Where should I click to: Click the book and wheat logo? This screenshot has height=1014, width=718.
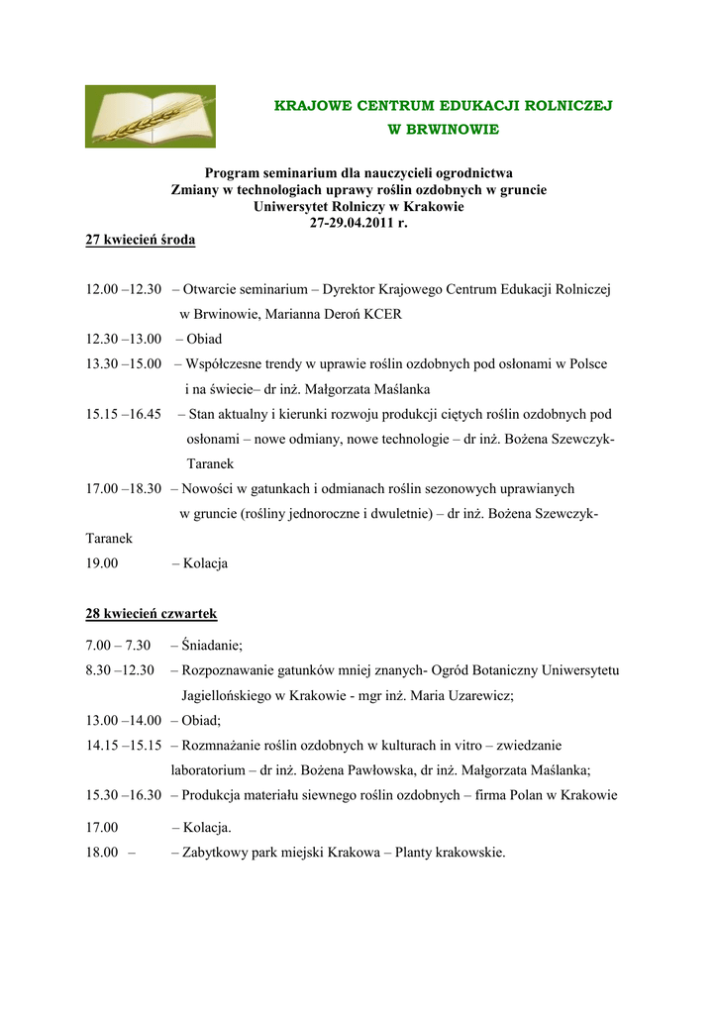coord(150,117)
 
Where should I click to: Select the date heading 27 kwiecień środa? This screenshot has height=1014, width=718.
coord(141,240)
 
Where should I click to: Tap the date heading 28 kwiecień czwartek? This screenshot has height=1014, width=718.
coord(152,614)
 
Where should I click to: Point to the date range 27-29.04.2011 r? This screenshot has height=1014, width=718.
coord(359,223)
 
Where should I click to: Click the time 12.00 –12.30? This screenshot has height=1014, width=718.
coord(123,290)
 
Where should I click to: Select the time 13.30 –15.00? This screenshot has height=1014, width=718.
coord(123,364)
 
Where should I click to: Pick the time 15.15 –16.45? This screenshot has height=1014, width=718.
coord(123,414)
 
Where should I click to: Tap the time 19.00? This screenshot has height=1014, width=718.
coord(102,563)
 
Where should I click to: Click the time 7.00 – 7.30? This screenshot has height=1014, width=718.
coord(117,646)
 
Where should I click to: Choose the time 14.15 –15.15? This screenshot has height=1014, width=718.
coord(123,745)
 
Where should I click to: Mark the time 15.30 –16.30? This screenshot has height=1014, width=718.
coord(123,795)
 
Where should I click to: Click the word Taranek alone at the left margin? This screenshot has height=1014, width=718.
coord(109,539)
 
